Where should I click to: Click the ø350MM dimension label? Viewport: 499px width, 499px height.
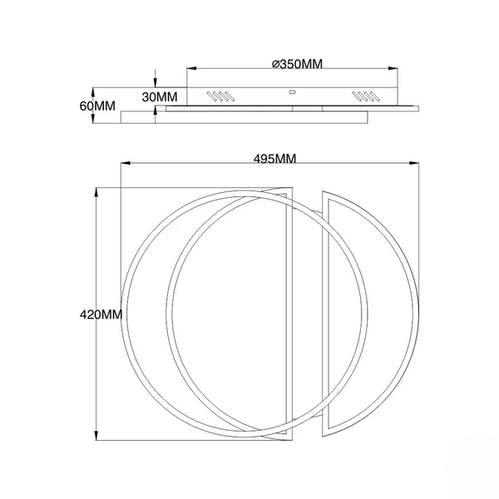tap(297, 64)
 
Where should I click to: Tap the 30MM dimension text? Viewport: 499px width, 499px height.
tap(160, 97)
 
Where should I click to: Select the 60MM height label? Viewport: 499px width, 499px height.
tap(97, 106)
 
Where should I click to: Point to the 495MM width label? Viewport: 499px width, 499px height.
tap(274, 159)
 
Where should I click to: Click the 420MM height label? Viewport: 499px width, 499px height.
tap(101, 314)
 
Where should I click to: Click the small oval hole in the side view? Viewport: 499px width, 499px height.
tap(292, 92)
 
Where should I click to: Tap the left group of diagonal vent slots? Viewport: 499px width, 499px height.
tap(221, 96)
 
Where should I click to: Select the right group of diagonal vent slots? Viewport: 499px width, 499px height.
tap(365, 96)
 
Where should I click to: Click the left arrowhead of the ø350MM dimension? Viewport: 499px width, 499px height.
tap(191, 68)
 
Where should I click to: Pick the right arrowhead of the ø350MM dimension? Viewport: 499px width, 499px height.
tap(393, 68)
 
